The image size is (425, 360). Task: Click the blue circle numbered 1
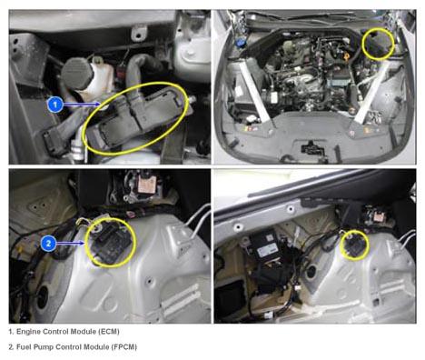(54, 105)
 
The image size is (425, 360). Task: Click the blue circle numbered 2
(48, 243)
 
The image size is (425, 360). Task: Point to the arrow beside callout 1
(82, 105)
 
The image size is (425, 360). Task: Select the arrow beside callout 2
(71, 243)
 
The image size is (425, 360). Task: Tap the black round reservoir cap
(75, 73)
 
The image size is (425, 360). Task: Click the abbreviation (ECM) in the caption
(109, 332)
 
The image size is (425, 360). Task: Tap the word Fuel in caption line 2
(24, 346)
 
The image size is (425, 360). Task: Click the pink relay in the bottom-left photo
(147, 184)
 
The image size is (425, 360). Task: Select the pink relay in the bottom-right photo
(379, 216)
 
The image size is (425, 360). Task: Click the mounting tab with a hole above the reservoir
(139, 33)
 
